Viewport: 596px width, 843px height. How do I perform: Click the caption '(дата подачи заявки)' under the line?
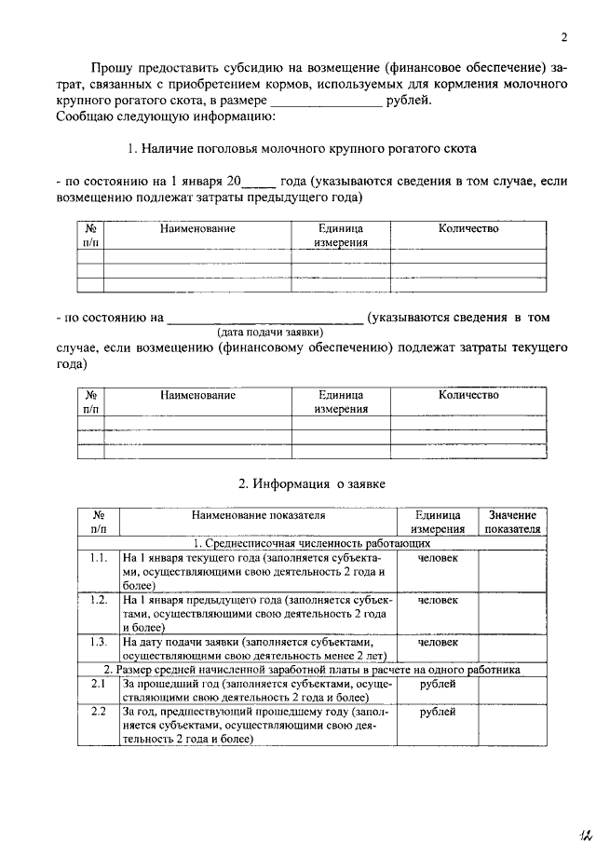click(x=270, y=332)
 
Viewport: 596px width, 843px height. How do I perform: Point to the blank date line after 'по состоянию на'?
click(x=265, y=318)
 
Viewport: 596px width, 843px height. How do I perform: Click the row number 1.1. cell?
click(x=99, y=558)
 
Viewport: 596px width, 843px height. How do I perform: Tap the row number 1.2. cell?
click(x=99, y=600)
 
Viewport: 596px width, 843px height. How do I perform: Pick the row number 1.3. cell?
click(x=99, y=642)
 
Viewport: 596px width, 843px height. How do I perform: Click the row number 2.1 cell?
click(x=99, y=684)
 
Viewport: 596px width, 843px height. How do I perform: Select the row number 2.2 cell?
click(x=99, y=712)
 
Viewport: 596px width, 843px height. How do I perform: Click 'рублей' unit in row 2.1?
click(x=438, y=684)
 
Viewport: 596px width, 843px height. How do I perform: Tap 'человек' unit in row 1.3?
click(x=438, y=642)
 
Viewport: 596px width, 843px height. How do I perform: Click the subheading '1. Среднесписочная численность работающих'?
click(x=311, y=543)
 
